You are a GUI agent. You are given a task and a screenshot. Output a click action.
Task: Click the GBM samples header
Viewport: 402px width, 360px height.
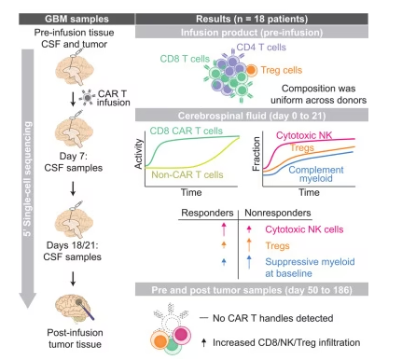pyautogui.click(x=76, y=19)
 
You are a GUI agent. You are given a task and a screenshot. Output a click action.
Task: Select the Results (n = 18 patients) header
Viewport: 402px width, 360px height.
pyautogui.click(x=252, y=19)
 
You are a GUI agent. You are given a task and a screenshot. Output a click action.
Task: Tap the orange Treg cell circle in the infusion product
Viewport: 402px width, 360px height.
pyautogui.click(x=251, y=70)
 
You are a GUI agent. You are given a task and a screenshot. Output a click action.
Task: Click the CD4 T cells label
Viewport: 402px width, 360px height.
pyautogui.click(x=261, y=48)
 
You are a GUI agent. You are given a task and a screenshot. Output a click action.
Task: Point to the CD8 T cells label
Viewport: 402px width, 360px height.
pyautogui.click(x=185, y=59)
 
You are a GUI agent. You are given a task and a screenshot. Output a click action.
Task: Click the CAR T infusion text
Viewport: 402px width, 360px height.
pyautogui.click(x=113, y=98)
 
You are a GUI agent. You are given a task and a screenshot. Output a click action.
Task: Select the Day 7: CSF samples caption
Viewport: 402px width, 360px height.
pyautogui.click(x=74, y=161)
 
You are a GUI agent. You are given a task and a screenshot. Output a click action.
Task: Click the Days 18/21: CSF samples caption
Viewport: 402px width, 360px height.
pyautogui.click(x=73, y=251)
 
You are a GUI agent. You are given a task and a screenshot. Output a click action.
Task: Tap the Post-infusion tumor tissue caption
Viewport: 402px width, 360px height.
pyautogui.click(x=75, y=339)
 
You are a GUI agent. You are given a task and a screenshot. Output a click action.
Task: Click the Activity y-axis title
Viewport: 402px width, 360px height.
pyautogui.click(x=139, y=154)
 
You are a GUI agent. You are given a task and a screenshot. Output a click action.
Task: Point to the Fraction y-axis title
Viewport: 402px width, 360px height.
pyautogui.click(x=256, y=154)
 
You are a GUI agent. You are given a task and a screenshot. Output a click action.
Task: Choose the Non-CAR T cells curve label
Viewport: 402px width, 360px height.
pyautogui.click(x=187, y=174)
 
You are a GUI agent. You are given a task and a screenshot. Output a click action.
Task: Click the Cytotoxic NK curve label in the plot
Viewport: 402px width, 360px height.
pyautogui.click(x=304, y=135)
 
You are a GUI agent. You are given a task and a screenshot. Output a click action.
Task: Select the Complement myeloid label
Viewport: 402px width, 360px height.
pyautogui.click(x=316, y=174)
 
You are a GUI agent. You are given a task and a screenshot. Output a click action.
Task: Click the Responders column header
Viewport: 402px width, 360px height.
pyautogui.click(x=207, y=213)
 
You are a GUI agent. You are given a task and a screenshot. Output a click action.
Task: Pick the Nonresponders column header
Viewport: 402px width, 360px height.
pyautogui.click(x=278, y=213)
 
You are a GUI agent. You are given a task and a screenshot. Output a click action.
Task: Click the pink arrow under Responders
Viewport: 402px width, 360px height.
pyautogui.click(x=224, y=229)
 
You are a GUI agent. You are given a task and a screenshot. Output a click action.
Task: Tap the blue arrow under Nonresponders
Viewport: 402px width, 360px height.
pyautogui.click(x=249, y=262)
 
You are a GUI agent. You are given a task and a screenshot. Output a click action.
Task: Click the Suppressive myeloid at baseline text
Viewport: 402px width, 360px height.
pyautogui.click(x=310, y=268)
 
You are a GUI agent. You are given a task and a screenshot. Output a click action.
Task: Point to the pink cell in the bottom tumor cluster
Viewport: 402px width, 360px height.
pyautogui.click(x=181, y=335)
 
